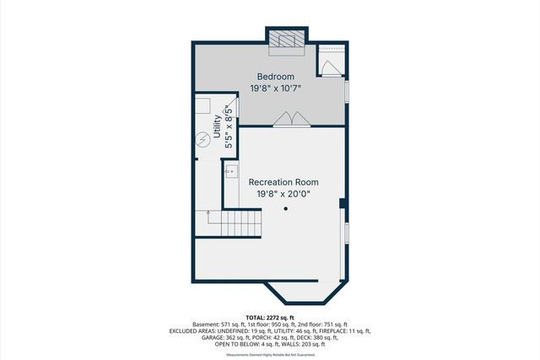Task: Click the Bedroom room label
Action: (x=276, y=77)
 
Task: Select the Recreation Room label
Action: (x=284, y=181)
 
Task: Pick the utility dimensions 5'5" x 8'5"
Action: (x=229, y=127)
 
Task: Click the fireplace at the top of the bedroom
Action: (x=286, y=39)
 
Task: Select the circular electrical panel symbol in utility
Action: (x=202, y=140)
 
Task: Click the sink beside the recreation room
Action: (x=231, y=170)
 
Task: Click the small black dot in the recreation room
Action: (x=285, y=208)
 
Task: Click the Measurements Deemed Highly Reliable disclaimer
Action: (x=270, y=355)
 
